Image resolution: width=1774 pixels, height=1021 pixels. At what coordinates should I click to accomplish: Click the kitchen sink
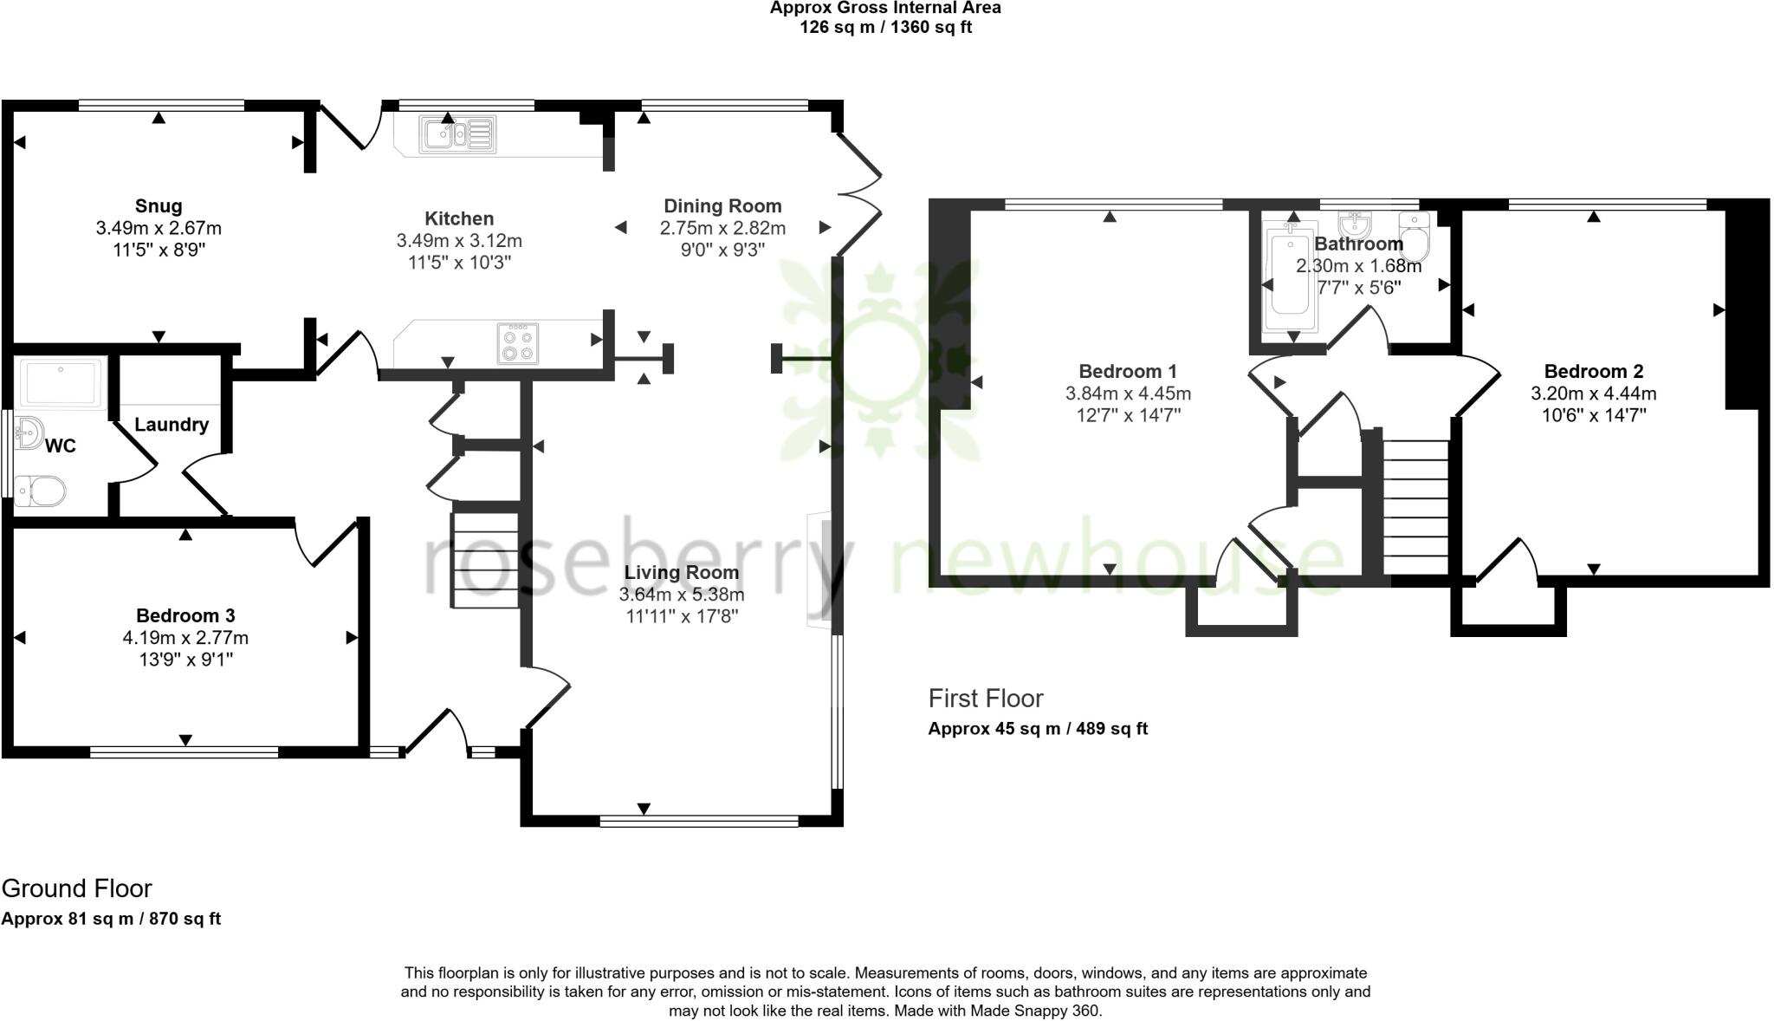(457, 134)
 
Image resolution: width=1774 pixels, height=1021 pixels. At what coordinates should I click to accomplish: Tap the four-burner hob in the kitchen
(518, 343)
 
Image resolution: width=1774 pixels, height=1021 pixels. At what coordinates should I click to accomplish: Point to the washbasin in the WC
(29, 432)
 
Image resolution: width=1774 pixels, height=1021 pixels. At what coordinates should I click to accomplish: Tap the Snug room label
(159, 206)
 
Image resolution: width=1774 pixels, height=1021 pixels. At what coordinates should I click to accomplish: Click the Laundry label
(172, 425)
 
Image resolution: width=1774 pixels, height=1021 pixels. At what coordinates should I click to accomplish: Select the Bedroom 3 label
(185, 616)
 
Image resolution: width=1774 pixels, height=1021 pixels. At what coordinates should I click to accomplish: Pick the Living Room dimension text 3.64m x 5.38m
(682, 595)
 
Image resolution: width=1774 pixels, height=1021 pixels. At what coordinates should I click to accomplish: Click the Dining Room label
(722, 206)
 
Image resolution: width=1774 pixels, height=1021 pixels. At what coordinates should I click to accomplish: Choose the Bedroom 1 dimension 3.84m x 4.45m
(1128, 393)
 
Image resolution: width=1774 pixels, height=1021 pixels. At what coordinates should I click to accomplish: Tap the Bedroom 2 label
(1593, 372)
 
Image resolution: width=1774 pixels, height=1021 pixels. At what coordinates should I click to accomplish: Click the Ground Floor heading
(77, 888)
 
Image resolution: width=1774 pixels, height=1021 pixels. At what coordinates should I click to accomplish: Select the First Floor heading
(986, 699)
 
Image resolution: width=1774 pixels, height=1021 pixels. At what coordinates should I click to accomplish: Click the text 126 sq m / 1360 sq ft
(885, 27)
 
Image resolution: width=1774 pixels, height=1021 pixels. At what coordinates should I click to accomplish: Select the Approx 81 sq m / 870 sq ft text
(111, 919)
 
